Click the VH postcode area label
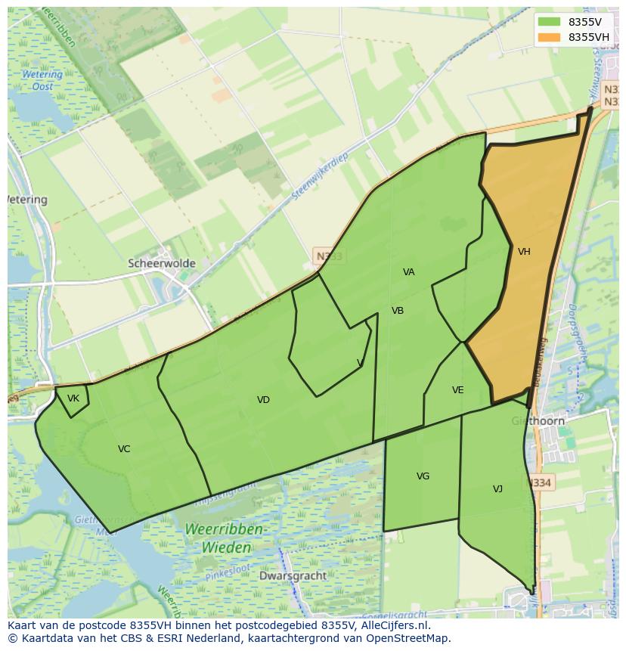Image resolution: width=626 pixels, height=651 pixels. pyautogui.click(x=524, y=252)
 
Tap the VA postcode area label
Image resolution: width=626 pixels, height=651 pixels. pyautogui.click(x=409, y=272)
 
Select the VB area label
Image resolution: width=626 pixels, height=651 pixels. pyautogui.click(x=398, y=311)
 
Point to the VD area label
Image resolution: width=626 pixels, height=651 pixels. pyautogui.click(x=263, y=400)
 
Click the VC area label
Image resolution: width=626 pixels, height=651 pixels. pyautogui.click(x=124, y=449)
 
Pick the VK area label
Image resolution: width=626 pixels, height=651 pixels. pyautogui.click(x=73, y=398)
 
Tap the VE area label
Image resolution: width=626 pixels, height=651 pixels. pyautogui.click(x=457, y=390)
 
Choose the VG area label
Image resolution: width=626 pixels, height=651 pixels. pyautogui.click(x=423, y=476)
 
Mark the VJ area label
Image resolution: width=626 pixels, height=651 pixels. pyautogui.click(x=497, y=489)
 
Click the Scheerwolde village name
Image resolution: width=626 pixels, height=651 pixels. pyautogui.click(x=162, y=264)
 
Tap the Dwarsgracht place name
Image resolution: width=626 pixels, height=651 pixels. pyautogui.click(x=293, y=575)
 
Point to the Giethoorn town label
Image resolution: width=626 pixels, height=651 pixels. pyautogui.click(x=538, y=421)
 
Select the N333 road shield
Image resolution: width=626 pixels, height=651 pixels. pyautogui.click(x=329, y=256)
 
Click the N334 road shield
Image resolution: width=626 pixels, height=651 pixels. pyautogui.click(x=541, y=482)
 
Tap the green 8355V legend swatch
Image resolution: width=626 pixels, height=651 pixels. pyautogui.click(x=550, y=22)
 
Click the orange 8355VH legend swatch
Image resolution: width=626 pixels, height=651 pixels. pyautogui.click(x=550, y=37)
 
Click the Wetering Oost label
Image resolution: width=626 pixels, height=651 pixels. pyautogui.click(x=42, y=80)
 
